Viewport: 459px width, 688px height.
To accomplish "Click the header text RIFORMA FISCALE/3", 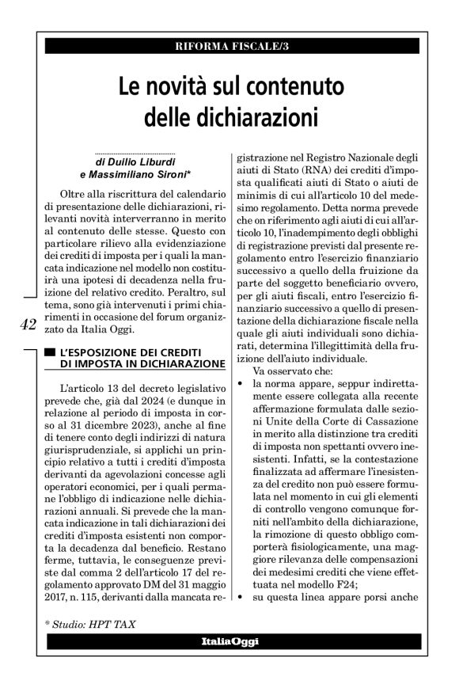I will click(x=229, y=44).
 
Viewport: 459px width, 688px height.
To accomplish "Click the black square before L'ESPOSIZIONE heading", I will click(x=51, y=351).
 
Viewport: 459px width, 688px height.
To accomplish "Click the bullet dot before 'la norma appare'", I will click(x=240, y=383).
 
